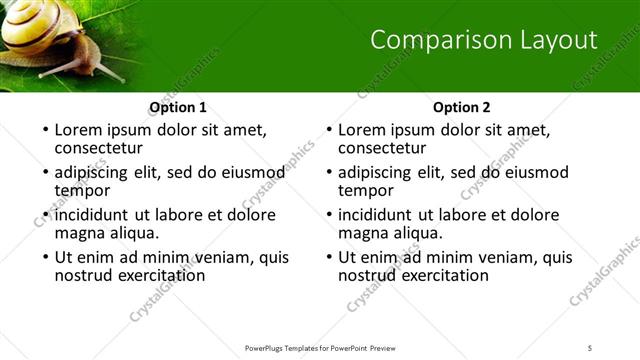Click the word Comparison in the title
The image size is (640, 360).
click(x=427, y=40)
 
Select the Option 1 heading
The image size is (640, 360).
click(x=178, y=107)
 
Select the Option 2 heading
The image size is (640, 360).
click(x=462, y=107)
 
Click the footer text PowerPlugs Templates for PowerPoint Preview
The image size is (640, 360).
click(x=320, y=348)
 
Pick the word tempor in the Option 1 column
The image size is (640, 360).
click(x=82, y=191)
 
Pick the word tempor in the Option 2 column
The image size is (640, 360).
click(x=366, y=191)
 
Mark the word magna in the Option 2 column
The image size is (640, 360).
click(x=365, y=234)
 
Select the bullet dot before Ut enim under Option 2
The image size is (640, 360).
click(x=328, y=257)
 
